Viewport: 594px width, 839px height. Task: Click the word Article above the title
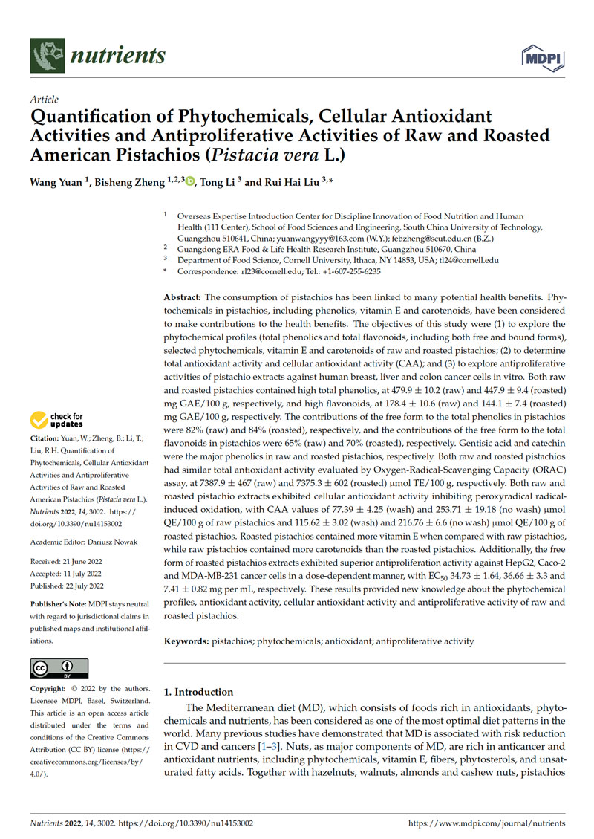click(44, 99)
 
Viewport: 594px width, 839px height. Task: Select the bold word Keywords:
click(186, 641)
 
